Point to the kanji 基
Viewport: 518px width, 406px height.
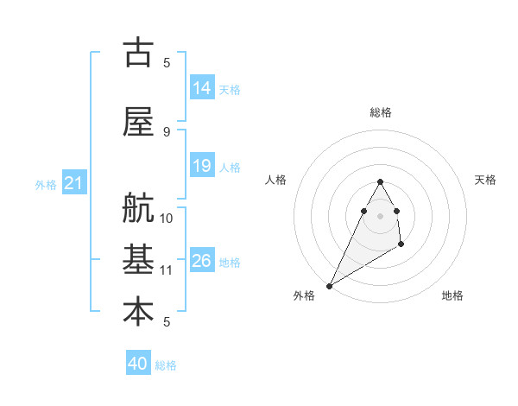(138, 260)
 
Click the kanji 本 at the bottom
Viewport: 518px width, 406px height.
(138, 312)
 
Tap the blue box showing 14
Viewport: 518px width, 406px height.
(202, 87)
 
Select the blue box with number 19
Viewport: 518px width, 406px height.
(202, 166)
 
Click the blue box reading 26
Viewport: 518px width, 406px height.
(202, 261)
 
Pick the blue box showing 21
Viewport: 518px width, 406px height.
(73, 183)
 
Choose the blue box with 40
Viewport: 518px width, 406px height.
(138, 364)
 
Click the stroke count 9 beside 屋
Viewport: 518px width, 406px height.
(167, 132)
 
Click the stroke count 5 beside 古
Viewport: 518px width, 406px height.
(167, 62)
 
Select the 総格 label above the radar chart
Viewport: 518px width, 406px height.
(381, 112)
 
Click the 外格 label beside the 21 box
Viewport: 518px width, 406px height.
(46, 184)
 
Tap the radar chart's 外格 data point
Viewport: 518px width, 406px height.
(329, 285)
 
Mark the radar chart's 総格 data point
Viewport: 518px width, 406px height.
(381, 181)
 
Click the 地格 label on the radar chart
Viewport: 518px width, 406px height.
(452, 296)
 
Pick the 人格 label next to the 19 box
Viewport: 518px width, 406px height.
(230, 167)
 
